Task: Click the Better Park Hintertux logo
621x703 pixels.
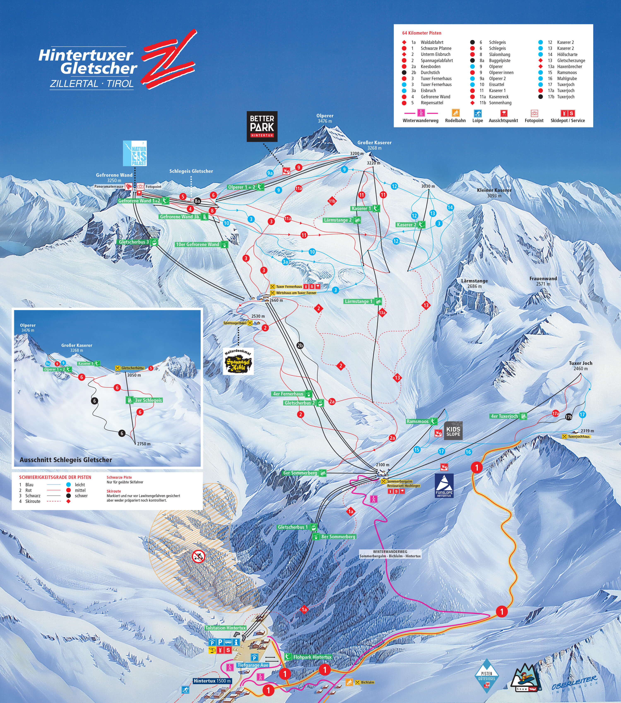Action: pos(262,126)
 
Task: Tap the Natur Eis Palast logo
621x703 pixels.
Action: pos(135,153)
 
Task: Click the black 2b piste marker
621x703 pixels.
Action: pos(300,345)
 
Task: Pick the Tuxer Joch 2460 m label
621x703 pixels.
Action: pos(580,366)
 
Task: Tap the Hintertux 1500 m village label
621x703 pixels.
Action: pos(212,681)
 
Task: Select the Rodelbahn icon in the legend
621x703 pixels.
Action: pos(455,113)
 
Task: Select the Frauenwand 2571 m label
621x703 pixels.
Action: pos(543,281)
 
